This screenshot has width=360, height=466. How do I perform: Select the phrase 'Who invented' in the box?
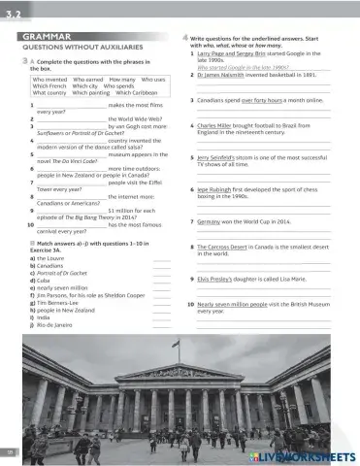[50, 77]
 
